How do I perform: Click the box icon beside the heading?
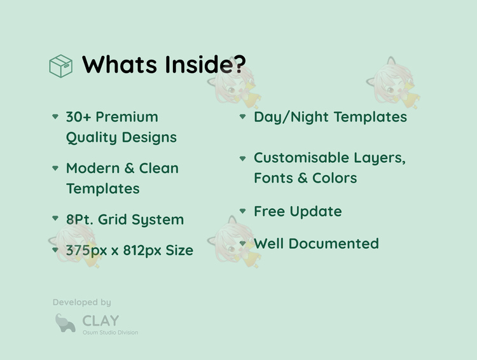click(x=61, y=66)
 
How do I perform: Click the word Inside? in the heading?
click(x=205, y=64)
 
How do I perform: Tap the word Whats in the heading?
click(x=120, y=64)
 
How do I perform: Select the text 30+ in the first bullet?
click(x=78, y=117)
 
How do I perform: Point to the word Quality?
click(x=91, y=138)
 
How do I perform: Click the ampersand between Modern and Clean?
click(x=129, y=169)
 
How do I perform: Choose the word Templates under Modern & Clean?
click(x=103, y=189)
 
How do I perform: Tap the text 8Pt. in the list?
click(x=79, y=219)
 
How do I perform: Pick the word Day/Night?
click(x=291, y=118)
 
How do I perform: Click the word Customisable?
click(x=301, y=158)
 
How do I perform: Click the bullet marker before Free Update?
click(x=242, y=211)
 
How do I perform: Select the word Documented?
click(x=334, y=244)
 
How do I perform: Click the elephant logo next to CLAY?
click(x=65, y=323)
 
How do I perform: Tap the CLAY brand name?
click(x=100, y=321)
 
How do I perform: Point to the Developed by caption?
click(x=82, y=302)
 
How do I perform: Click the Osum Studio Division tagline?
click(x=111, y=332)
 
